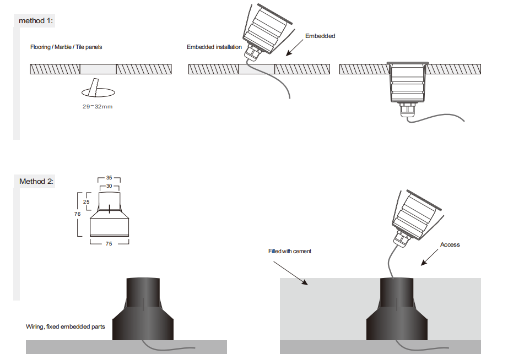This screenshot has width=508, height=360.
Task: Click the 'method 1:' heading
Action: (x=36, y=21)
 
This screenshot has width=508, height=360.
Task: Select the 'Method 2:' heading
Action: (x=36, y=181)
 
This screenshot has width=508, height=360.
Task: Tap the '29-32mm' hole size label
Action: (x=98, y=106)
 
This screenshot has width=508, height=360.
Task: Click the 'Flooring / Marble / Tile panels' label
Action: (x=66, y=47)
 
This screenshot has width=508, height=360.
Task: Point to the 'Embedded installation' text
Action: (x=214, y=47)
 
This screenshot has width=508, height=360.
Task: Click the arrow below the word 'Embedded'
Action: (x=295, y=48)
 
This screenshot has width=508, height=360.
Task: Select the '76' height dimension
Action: (x=77, y=214)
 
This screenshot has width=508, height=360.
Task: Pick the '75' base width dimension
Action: (x=109, y=243)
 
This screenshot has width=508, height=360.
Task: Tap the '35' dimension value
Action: (x=109, y=178)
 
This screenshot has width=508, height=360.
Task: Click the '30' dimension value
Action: (x=109, y=186)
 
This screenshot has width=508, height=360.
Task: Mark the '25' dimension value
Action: (x=86, y=201)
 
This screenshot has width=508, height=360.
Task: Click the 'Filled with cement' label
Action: (x=290, y=251)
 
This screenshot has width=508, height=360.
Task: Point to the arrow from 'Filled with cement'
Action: (x=290, y=273)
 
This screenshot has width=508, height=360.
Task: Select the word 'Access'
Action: (x=450, y=245)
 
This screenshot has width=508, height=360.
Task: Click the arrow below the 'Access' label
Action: (x=430, y=258)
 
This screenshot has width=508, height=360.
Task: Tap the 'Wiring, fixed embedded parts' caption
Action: (x=66, y=326)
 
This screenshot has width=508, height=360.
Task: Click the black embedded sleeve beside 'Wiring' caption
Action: (x=143, y=309)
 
